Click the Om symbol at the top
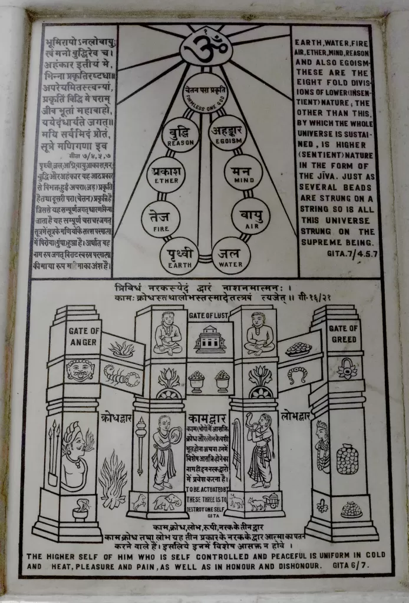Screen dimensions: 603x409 (206, 46)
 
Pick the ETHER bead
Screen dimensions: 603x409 (166, 174)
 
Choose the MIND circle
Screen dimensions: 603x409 (243, 172)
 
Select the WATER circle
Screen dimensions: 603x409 (231, 255)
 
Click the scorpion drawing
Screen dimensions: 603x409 (122, 376)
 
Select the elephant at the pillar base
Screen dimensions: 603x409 (167, 502)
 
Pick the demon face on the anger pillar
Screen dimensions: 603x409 (80, 370)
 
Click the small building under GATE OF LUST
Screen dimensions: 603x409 (210, 340)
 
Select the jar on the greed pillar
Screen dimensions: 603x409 (347, 459)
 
